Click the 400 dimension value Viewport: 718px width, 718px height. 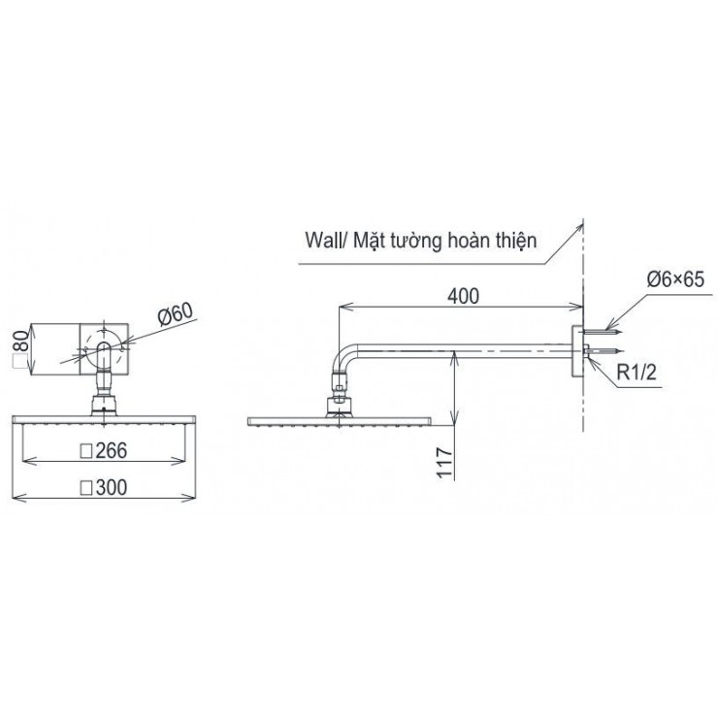[463, 296]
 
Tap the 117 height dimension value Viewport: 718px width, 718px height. [444, 463]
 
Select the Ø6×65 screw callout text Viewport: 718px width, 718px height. [675, 278]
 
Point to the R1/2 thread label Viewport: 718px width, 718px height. [636, 373]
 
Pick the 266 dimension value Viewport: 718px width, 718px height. [111, 450]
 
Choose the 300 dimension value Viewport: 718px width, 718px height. [112, 487]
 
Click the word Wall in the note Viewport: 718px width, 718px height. [323, 240]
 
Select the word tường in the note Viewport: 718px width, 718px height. [416, 241]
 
